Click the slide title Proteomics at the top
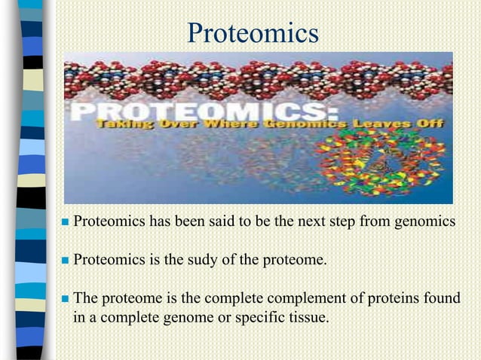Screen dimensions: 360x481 point(253,33)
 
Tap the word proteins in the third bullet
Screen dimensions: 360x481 point(399,299)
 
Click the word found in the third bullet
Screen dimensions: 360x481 point(442,299)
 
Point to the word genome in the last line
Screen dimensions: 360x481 point(188,318)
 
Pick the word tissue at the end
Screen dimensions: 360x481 point(309,317)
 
